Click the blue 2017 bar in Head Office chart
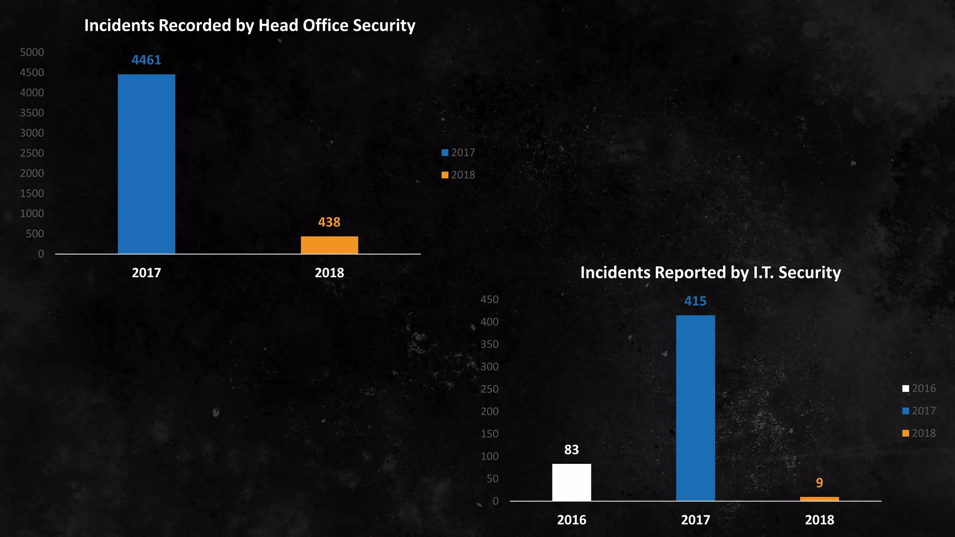click(x=146, y=164)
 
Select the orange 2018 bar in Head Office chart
click(x=329, y=245)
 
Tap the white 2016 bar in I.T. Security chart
click(x=571, y=482)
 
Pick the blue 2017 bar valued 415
click(x=695, y=408)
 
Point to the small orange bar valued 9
click(x=819, y=499)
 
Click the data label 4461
click(x=146, y=60)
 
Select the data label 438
click(x=329, y=222)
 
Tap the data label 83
click(x=571, y=450)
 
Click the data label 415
click(x=695, y=301)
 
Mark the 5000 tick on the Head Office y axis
click(x=32, y=52)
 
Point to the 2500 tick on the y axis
click(x=32, y=153)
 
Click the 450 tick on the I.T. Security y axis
click(x=490, y=300)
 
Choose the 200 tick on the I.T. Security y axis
click(x=490, y=412)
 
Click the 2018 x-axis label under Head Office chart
click(x=329, y=273)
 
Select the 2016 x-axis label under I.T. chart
click(x=571, y=520)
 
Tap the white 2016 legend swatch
click(x=906, y=389)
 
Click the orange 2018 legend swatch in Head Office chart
click(x=445, y=175)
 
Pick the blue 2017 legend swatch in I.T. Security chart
click(x=906, y=411)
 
